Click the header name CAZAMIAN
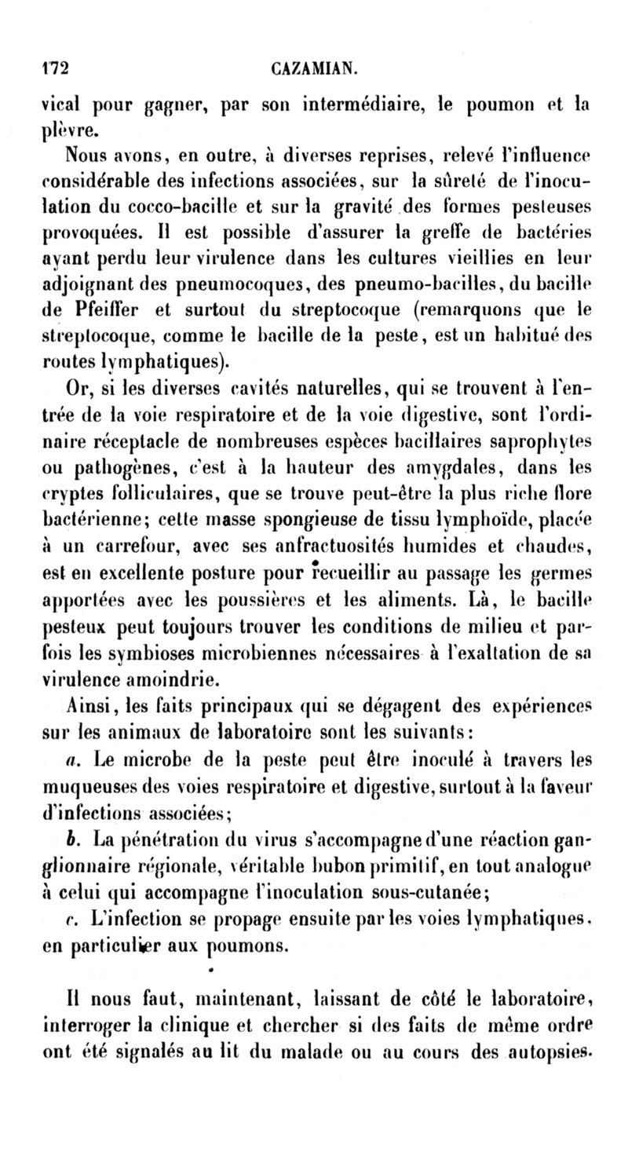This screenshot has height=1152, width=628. [x=315, y=68]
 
